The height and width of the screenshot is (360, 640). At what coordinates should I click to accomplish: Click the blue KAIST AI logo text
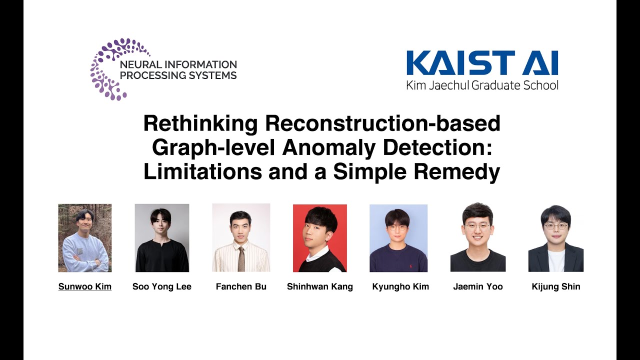click(x=482, y=63)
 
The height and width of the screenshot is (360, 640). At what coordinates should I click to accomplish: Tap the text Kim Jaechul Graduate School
click(x=482, y=85)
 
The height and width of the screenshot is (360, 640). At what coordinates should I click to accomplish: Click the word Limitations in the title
click(x=202, y=171)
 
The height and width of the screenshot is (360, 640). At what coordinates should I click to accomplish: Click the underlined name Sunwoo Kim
click(x=85, y=286)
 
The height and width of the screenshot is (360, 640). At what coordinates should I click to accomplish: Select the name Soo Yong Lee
click(x=162, y=286)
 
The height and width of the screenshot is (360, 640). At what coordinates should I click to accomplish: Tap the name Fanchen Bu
click(x=241, y=286)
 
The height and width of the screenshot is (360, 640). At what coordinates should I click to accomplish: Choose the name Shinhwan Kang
click(x=320, y=286)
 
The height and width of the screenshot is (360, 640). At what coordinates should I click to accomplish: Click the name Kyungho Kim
click(x=400, y=286)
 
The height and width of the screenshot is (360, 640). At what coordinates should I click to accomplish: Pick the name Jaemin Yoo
click(x=478, y=286)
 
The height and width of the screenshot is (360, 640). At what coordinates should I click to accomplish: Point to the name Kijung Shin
click(x=556, y=286)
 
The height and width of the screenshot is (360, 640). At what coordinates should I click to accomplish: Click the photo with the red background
click(x=320, y=238)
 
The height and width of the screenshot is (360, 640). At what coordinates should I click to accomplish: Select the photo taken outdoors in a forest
click(x=85, y=238)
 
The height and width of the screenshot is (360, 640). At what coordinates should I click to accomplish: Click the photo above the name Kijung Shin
click(x=556, y=238)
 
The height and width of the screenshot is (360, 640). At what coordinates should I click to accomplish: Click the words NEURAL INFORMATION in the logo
click(x=178, y=64)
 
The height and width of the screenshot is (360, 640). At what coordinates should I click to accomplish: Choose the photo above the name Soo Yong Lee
click(x=162, y=238)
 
